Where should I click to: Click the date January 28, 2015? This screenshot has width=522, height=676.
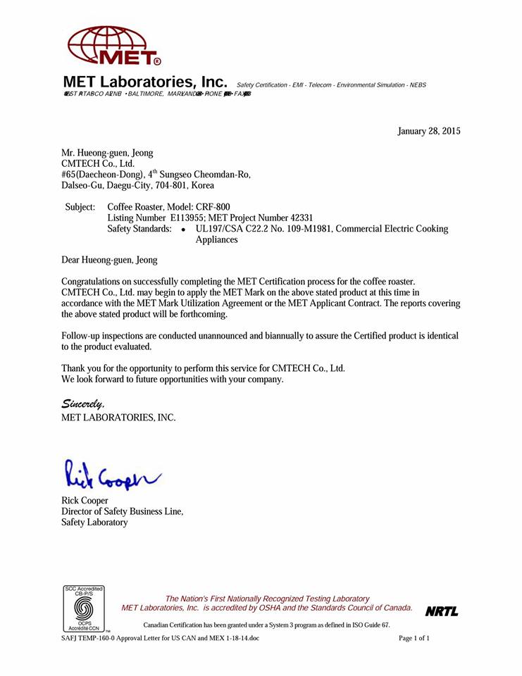click(x=429, y=131)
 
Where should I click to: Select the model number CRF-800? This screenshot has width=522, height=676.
click(x=213, y=207)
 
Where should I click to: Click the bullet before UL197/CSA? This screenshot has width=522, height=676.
click(x=183, y=230)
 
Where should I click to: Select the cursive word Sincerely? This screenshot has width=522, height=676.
click(x=83, y=404)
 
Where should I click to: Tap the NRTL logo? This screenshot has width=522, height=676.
click(x=442, y=611)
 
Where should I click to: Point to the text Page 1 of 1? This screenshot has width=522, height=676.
click(x=414, y=638)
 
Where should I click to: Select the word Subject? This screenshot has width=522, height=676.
click(x=80, y=207)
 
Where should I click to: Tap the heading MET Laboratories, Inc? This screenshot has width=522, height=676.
click(x=146, y=82)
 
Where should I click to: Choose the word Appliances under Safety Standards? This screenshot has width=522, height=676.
click(x=216, y=239)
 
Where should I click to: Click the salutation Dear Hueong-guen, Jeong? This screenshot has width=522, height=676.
click(x=110, y=261)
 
